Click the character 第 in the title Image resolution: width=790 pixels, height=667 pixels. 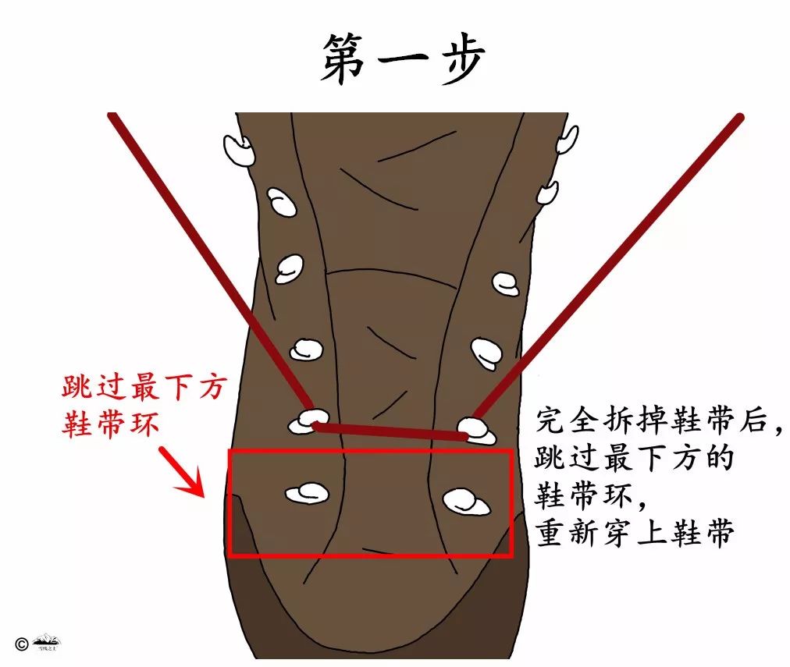click(x=343, y=59)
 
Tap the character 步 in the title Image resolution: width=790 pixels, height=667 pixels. click(x=458, y=59)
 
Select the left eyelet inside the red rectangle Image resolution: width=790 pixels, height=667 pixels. click(x=307, y=492)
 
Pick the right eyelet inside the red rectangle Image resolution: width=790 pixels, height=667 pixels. click(x=465, y=502)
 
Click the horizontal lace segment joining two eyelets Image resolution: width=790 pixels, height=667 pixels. click(x=390, y=430)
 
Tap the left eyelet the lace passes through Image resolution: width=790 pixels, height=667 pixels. click(x=307, y=421)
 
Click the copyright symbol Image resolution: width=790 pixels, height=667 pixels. click(x=21, y=644)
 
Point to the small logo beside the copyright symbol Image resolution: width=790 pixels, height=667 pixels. click(x=47, y=643)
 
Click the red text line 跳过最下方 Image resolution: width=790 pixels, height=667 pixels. click(x=142, y=388)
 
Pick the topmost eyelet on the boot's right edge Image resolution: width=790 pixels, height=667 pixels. click(x=568, y=140)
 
